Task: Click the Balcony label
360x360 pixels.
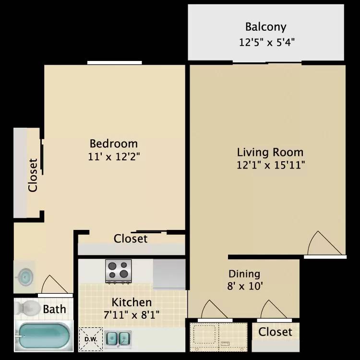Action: click(x=265, y=27)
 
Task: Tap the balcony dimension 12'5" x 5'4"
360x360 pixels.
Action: click(x=266, y=42)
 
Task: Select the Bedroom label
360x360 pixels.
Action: click(x=114, y=144)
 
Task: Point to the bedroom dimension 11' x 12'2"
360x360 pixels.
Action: click(x=114, y=156)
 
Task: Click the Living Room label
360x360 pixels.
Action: click(x=270, y=152)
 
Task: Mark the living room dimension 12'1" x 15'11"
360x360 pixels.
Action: click(x=271, y=165)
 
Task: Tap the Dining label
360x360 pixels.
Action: click(x=244, y=274)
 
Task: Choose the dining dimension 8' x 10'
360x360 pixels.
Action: click(x=245, y=286)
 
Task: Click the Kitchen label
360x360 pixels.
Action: click(x=132, y=302)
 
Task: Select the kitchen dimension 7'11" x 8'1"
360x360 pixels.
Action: click(x=132, y=315)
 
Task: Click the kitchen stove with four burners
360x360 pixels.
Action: click(x=119, y=271)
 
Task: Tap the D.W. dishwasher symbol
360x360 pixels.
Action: click(x=91, y=339)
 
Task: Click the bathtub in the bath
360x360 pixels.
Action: click(x=43, y=336)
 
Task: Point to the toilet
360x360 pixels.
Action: click(x=27, y=308)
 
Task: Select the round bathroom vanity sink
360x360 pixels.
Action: click(x=25, y=276)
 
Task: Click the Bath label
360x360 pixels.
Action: click(x=54, y=309)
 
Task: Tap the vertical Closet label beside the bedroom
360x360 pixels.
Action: click(x=33, y=175)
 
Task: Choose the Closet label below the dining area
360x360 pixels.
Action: click(x=276, y=332)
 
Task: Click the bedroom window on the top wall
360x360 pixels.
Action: click(x=115, y=63)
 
